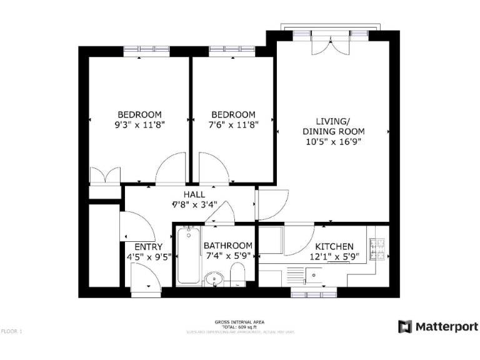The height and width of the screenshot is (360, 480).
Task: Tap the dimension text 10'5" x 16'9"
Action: click(x=334, y=142)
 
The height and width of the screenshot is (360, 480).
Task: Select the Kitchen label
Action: click(x=334, y=247)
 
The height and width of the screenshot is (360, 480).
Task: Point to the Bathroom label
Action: click(x=228, y=246)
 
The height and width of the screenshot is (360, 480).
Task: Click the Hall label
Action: click(x=194, y=195)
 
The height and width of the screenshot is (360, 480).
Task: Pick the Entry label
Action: click(x=149, y=247)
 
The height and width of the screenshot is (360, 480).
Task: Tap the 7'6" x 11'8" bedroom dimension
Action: click(x=233, y=124)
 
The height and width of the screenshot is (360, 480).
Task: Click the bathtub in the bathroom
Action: click(x=187, y=256)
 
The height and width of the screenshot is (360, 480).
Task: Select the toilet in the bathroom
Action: click(x=237, y=275)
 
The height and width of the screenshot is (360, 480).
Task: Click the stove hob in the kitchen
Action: click(x=379, y=248)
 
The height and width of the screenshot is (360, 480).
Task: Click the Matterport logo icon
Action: click(x=406, y=326)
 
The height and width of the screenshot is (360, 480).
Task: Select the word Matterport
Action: click(x=447, y=326)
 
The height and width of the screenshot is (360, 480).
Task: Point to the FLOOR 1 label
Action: click(x=12, y=331)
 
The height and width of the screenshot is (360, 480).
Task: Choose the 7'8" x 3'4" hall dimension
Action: click(x=194, y=204)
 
